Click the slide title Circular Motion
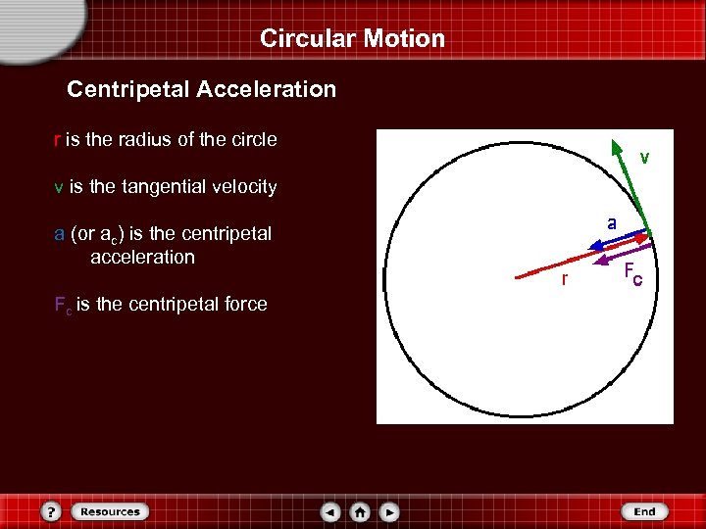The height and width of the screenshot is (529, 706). coord(352,38)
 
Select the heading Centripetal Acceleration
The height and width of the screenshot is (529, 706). coord(201,89)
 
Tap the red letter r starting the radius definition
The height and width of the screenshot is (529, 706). coord(57,139)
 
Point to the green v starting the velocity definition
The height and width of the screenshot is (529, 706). coord(59,186)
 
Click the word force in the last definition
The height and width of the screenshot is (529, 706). coord(243,305)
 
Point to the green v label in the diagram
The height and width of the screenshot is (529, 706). coord(644,157)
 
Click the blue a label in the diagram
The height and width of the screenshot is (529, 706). coord(611,223)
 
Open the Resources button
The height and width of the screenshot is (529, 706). coord(110,511)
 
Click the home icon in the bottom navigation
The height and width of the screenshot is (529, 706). coord(360,511)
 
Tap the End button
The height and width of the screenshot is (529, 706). coord(644,511)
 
